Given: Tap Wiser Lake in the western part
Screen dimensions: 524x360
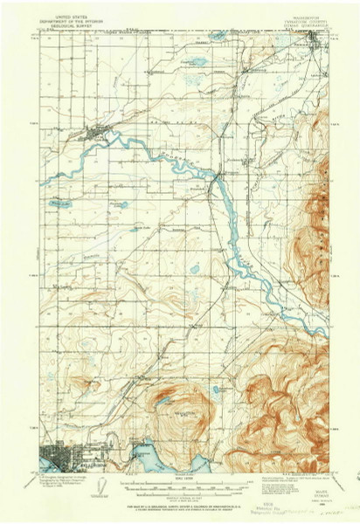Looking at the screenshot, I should [x=62, y=203].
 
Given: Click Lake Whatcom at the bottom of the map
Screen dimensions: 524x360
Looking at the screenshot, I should [x=144, y=454].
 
